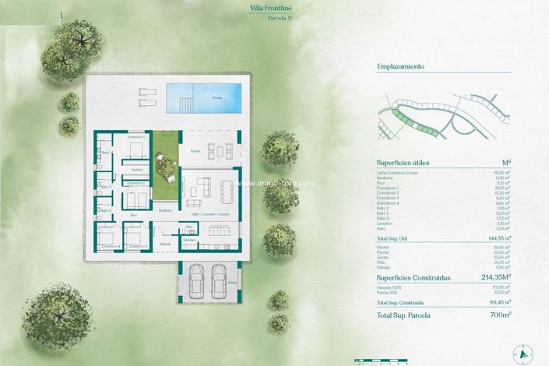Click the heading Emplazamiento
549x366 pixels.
pyautogui.click(x=399, y=67)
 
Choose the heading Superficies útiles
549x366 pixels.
pyautogui.click(x=403, y=163)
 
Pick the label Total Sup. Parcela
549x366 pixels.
pyautogui.click(x=403, y=315)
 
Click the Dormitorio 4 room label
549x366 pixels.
pyautogui.click(x=108, y=246)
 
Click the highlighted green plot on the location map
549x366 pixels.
pyautogui.click(x=404, y=119)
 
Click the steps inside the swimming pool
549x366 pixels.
pyautogui.click(x=185, y=104)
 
